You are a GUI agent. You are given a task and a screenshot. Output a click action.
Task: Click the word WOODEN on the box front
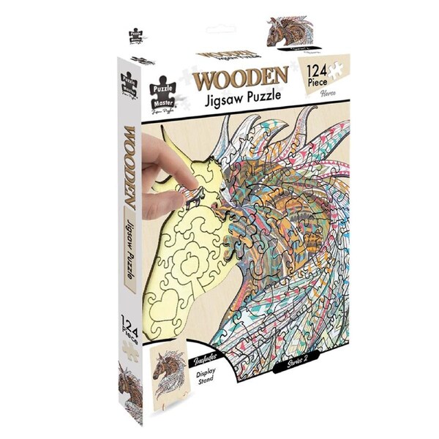(x=241, y=77)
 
